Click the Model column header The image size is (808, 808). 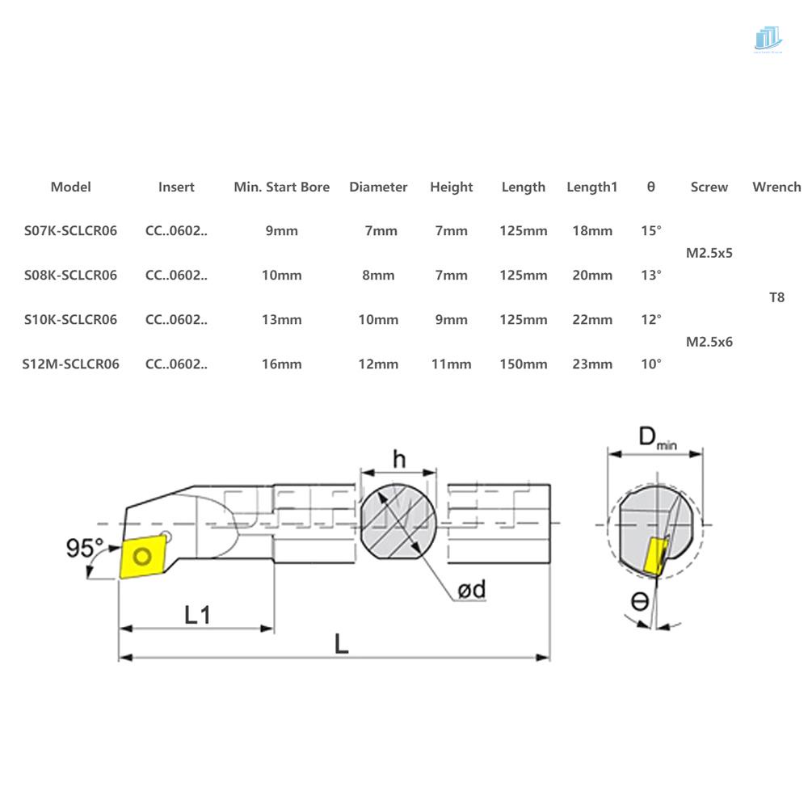70,187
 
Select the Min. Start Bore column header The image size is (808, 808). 281,187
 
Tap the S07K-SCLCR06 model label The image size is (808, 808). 70,230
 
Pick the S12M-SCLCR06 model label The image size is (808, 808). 70,364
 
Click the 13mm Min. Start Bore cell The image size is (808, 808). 281,319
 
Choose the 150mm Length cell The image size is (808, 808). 523,364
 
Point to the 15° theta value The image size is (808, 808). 650,230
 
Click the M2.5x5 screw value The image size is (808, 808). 709,253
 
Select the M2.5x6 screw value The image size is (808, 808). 709,342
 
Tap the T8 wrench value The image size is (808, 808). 776,297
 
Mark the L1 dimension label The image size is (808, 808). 196,615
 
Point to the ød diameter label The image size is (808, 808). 471,590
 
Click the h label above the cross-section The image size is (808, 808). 399,459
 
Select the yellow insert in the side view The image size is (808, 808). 143,556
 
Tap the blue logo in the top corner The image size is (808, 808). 768,38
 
